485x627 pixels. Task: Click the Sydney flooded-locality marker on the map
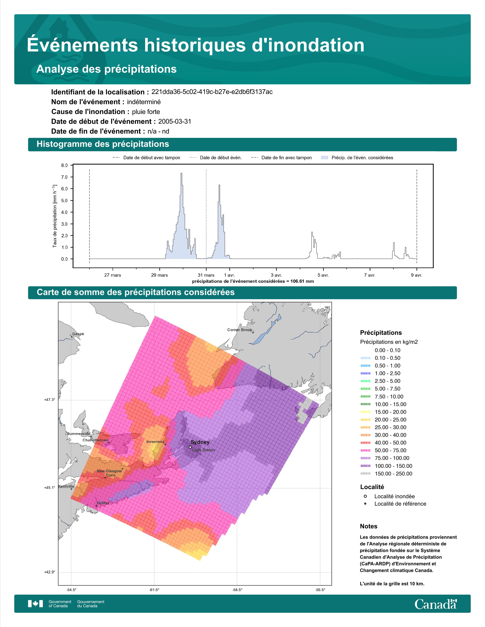pos(190,447)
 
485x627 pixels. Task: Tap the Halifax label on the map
pos(103,503)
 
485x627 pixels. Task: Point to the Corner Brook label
pos(240,330)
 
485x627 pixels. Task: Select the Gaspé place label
pos(78,334)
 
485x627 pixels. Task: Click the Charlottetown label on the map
pos(96,440)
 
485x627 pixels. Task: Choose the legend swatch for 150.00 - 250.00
pos(365,474)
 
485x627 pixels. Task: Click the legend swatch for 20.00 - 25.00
pos(365,420)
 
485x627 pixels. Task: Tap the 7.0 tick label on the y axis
pos(64,177)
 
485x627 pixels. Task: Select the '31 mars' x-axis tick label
pos(206,275)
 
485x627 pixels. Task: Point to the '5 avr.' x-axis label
pos(323,275)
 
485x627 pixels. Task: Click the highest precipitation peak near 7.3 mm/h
pos(181,173)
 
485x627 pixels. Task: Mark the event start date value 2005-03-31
pos(175,121)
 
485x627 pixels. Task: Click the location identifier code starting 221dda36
pos(212,92)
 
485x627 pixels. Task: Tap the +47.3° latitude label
pos(49,400)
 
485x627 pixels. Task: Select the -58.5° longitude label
pos(237,590)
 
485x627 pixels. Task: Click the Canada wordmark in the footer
pos(436,604)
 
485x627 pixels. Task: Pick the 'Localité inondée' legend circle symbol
pos(365,496)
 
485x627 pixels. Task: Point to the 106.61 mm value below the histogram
pos(302,281)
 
